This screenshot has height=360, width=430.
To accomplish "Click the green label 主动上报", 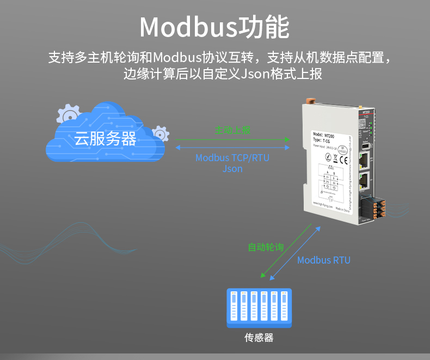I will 232,131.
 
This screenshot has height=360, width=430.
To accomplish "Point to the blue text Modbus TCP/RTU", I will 232,158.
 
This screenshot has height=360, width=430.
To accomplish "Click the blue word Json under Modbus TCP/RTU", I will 232,169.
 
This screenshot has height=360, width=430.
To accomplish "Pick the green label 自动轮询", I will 266,247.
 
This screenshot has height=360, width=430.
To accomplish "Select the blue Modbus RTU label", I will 324,260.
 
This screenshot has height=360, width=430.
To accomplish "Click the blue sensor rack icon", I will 259,308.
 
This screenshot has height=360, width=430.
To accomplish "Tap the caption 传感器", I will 259,338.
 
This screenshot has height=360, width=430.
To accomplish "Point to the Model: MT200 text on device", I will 324,134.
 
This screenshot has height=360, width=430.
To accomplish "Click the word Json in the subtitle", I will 255,74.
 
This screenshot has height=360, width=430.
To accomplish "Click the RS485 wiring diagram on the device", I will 330,182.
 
